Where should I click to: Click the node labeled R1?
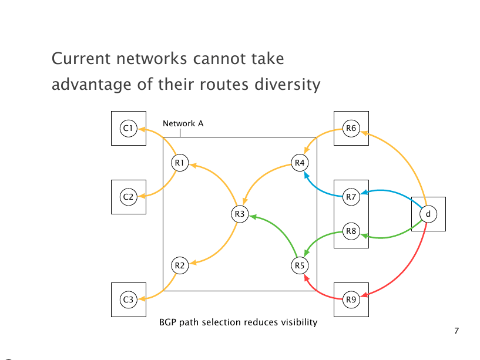coord(180,163)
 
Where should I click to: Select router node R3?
coord(240,214)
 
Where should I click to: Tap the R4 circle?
coord(300,163)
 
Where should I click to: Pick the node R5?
coord(300,265)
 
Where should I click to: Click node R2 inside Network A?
coord(180,265)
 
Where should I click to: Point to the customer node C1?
coord(128,127)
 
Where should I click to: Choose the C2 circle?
coord(128,197)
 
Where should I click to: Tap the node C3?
coord(128,300)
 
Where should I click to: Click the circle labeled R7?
coord(351,197)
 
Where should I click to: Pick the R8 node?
coord(351,231)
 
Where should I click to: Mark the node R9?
coord(351,300)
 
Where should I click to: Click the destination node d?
coord(428,214)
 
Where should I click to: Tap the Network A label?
coord(183,124)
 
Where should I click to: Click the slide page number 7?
coord(456,331)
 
